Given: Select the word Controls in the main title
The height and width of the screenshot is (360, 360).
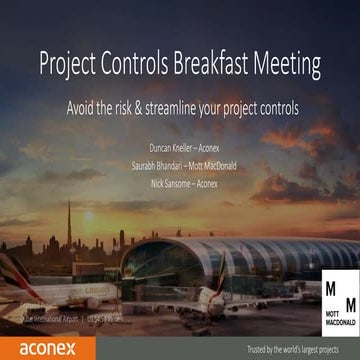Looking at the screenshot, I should [141, 64].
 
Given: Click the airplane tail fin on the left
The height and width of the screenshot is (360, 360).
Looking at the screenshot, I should [15, 270].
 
